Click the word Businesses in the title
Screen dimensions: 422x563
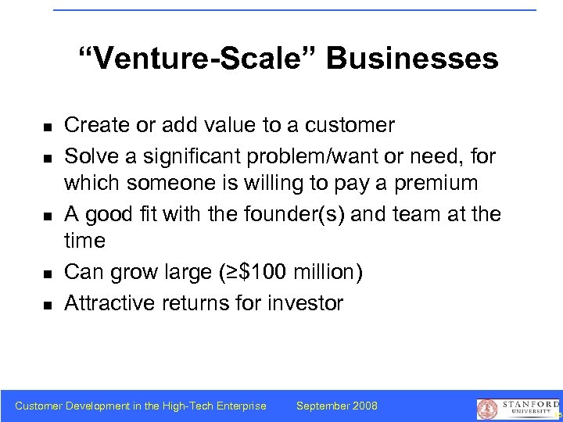coord(412,59)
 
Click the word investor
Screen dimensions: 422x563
coord(304,302)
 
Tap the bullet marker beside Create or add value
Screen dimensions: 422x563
coord(48,127)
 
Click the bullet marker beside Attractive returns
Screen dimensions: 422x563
coord(48,304)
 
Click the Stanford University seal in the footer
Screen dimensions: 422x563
coord(487,409)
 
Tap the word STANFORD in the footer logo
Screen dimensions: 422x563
coord(525,403)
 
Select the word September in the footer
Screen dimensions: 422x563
coord(321,406)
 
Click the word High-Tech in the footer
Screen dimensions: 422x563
coord(184,406)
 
